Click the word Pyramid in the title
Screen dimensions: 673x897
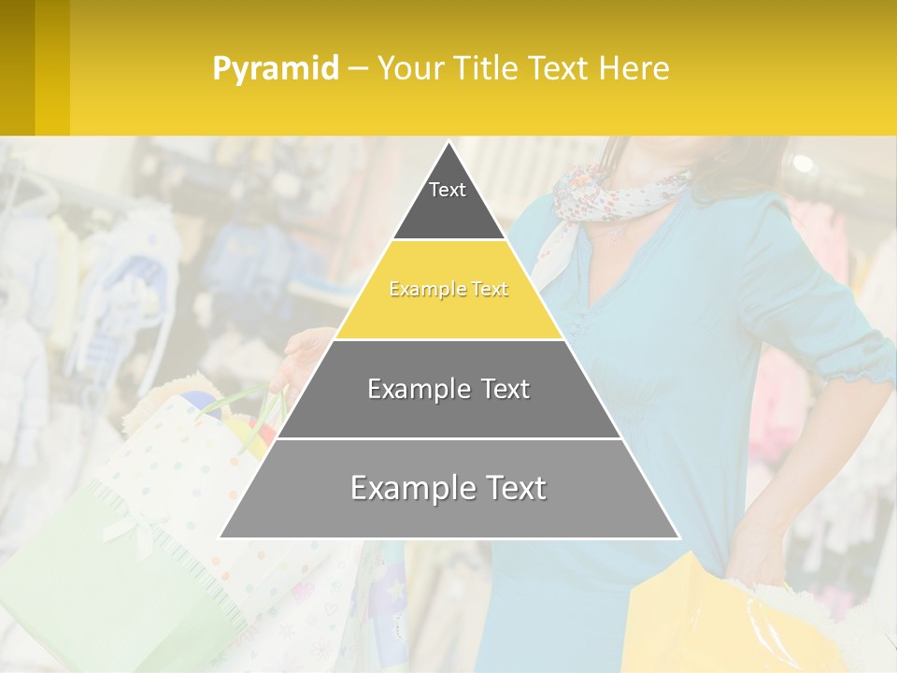click(275, 68)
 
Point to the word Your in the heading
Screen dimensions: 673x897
click(408, 68)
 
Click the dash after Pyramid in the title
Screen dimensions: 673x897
click(357, 69)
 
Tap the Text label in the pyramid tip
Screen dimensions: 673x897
click(448, 190)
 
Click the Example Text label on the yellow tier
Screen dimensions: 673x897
click(448, 290)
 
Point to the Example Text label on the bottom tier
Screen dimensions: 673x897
click(448, 488)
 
